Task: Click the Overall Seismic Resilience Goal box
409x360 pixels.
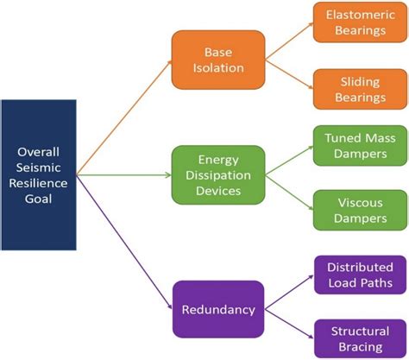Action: pyautogui.click(x=39, y=176)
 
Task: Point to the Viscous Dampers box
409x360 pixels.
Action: pyautogui.click(x=355, y=209)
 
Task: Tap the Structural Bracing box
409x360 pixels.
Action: pyautogui.click(x=355, y=336)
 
